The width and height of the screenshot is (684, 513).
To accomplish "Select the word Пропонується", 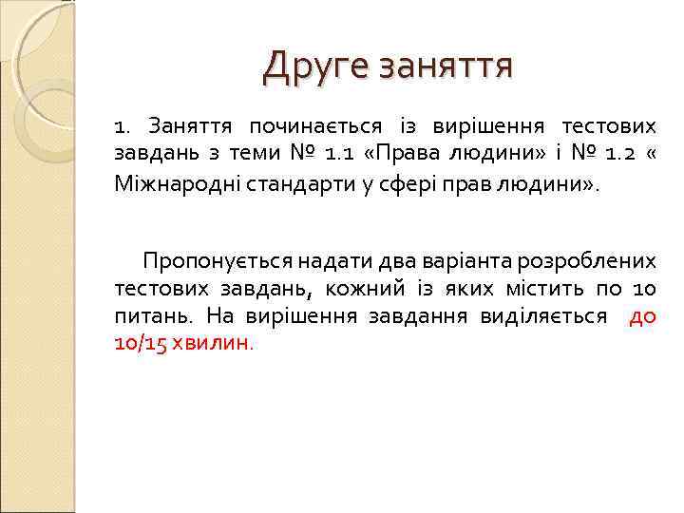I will coord(217,259).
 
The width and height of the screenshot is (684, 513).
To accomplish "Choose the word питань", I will coord(147,315).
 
